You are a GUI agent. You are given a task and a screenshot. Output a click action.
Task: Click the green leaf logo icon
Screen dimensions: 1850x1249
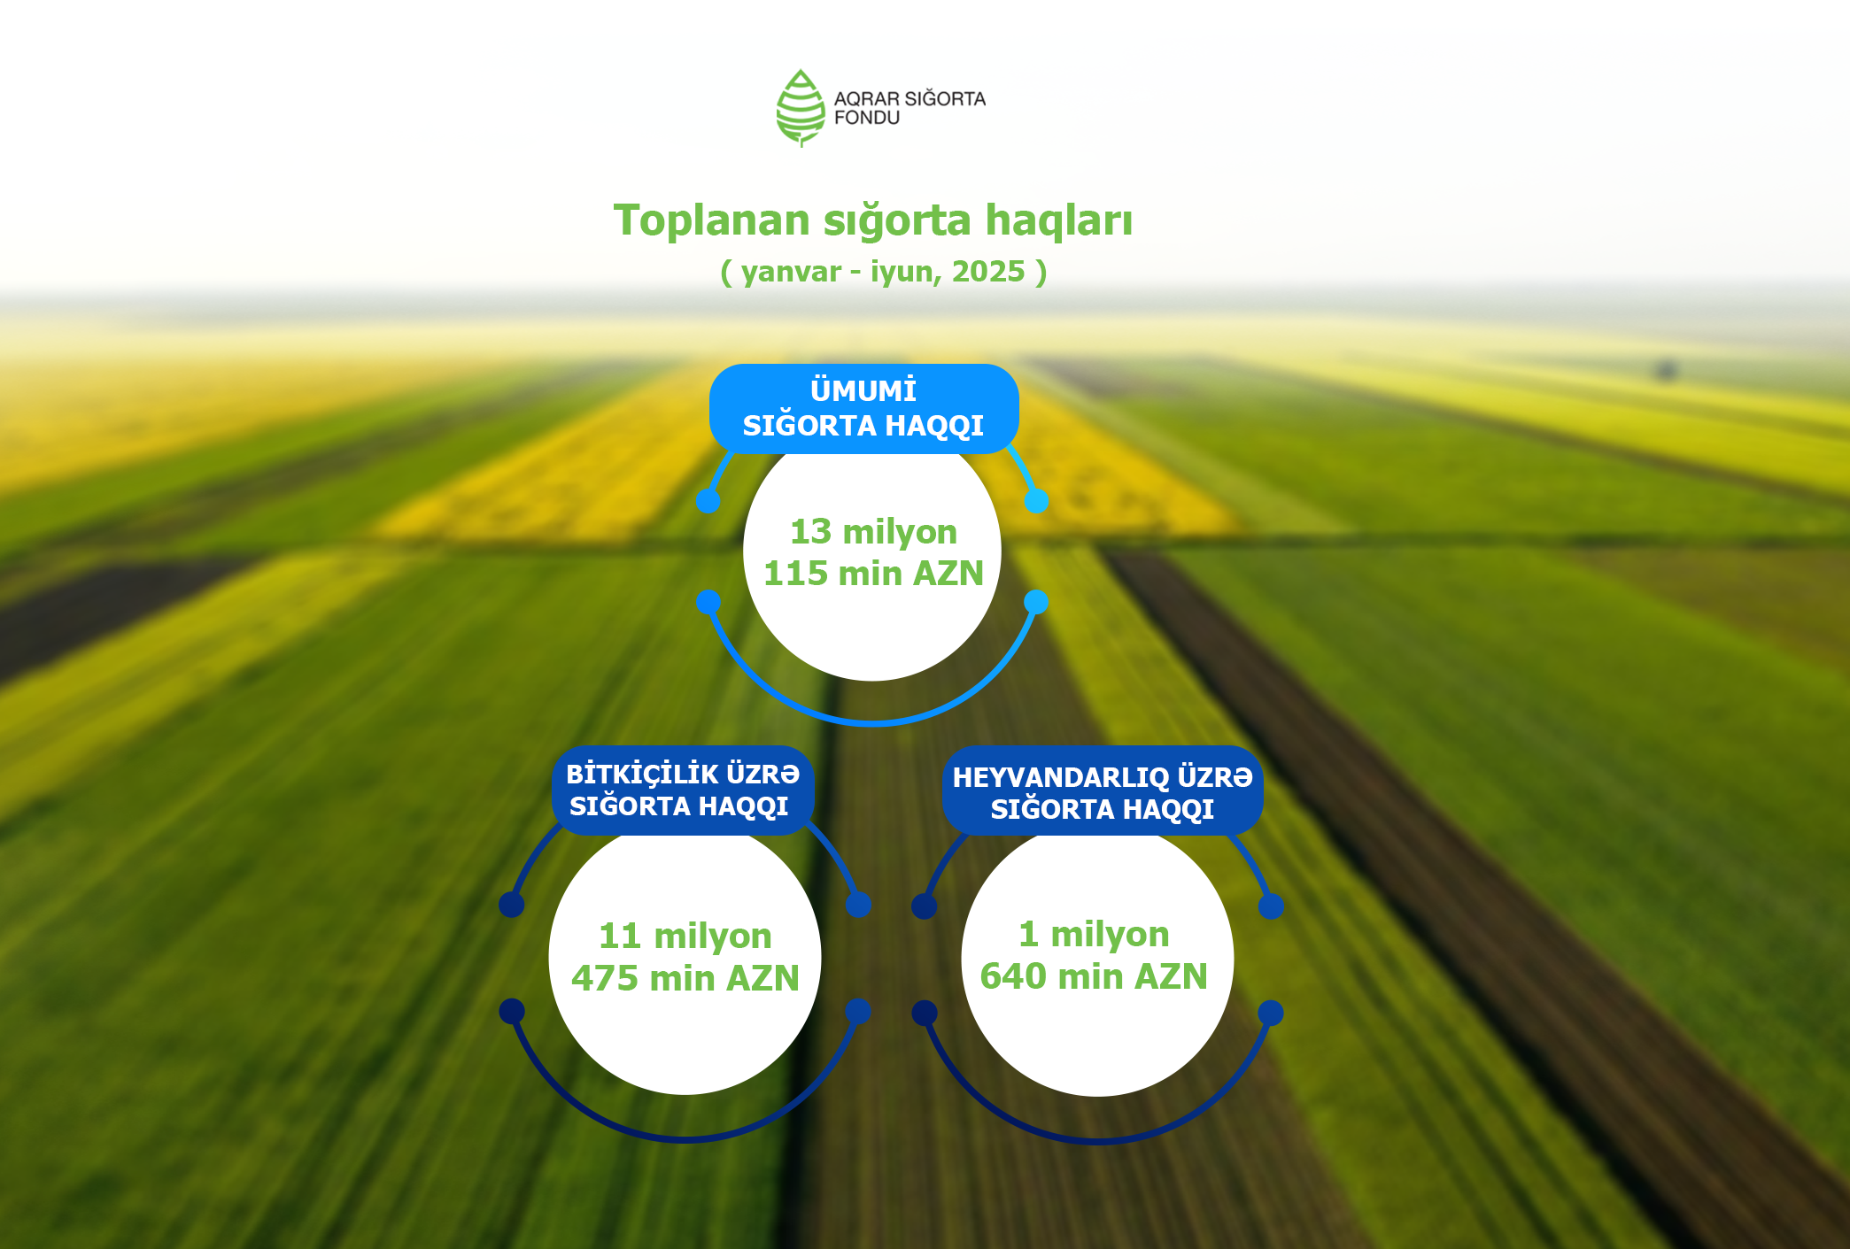(801, 108)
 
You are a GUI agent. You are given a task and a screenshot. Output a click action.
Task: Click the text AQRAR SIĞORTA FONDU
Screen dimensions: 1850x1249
(910, 108)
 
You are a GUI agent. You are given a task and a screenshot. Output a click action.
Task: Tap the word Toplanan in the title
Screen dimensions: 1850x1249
(711, 220)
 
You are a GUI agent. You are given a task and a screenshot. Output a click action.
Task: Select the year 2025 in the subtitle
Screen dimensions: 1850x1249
(988, 271)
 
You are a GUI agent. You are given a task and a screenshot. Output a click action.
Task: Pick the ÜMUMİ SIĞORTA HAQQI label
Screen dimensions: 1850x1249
(863, 408)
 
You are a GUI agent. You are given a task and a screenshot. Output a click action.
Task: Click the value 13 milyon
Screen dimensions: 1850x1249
(873, 531)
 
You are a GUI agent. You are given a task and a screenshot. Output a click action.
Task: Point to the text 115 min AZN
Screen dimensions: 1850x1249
(873, 573)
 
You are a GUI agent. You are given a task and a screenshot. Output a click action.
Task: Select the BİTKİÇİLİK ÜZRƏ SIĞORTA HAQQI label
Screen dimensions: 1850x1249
(683, 790)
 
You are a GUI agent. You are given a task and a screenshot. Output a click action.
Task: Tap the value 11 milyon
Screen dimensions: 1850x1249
(685, 936)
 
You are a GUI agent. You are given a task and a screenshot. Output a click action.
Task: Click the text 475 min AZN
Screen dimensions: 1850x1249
(685, 978)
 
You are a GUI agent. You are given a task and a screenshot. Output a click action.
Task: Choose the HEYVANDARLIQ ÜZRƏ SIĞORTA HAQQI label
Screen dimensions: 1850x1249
(1103, 791)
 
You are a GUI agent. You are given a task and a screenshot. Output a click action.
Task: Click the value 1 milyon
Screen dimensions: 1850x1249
(1094, 934)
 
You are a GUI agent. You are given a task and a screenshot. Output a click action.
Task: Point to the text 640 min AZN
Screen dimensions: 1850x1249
(1094, 976)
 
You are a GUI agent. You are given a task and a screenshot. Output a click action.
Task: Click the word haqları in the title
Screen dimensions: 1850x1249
(1059, 221)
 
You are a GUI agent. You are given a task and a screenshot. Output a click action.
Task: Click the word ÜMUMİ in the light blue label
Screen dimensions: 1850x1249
(863, 390)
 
